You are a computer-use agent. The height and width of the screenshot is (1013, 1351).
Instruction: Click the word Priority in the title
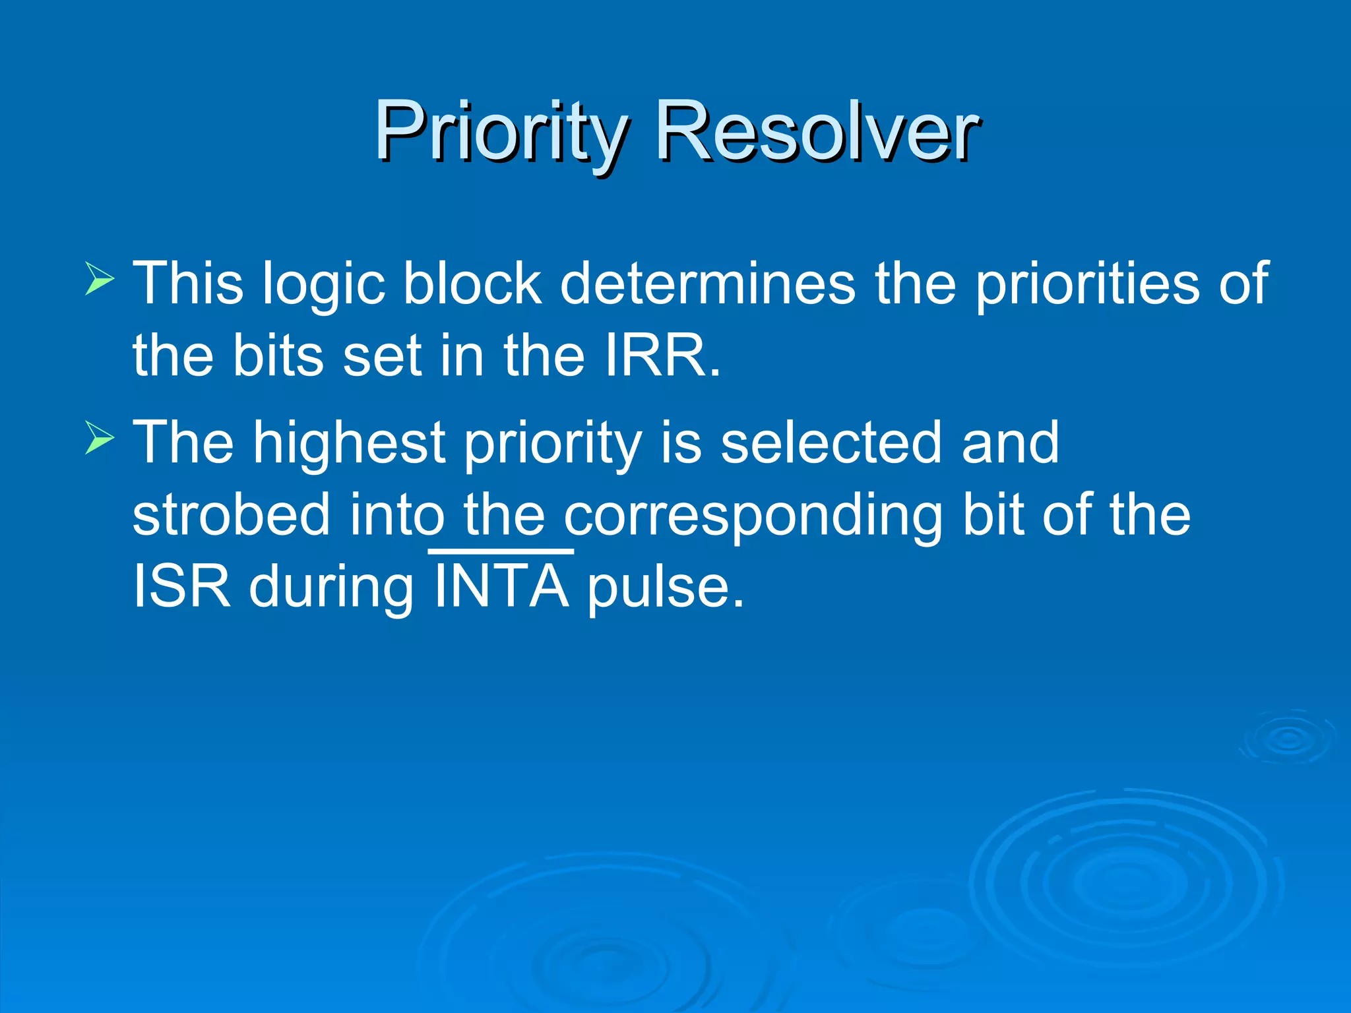coord(500,132)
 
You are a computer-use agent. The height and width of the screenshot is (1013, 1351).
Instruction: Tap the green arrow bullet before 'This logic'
coord(100,280)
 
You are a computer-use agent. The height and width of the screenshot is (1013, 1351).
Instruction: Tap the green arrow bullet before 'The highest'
coord(100,439)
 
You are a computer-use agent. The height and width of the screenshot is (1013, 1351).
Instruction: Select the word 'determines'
coord(707,284)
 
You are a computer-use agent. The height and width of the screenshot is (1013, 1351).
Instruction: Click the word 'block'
coord(472,284)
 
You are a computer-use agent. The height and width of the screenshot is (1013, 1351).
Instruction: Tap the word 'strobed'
coord(231,515)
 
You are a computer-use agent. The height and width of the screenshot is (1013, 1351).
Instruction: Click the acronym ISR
coord(181,586)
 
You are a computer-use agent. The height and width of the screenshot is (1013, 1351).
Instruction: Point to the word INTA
coord(501,586)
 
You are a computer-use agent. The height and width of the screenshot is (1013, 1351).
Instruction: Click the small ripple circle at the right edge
coord(1289,738)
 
